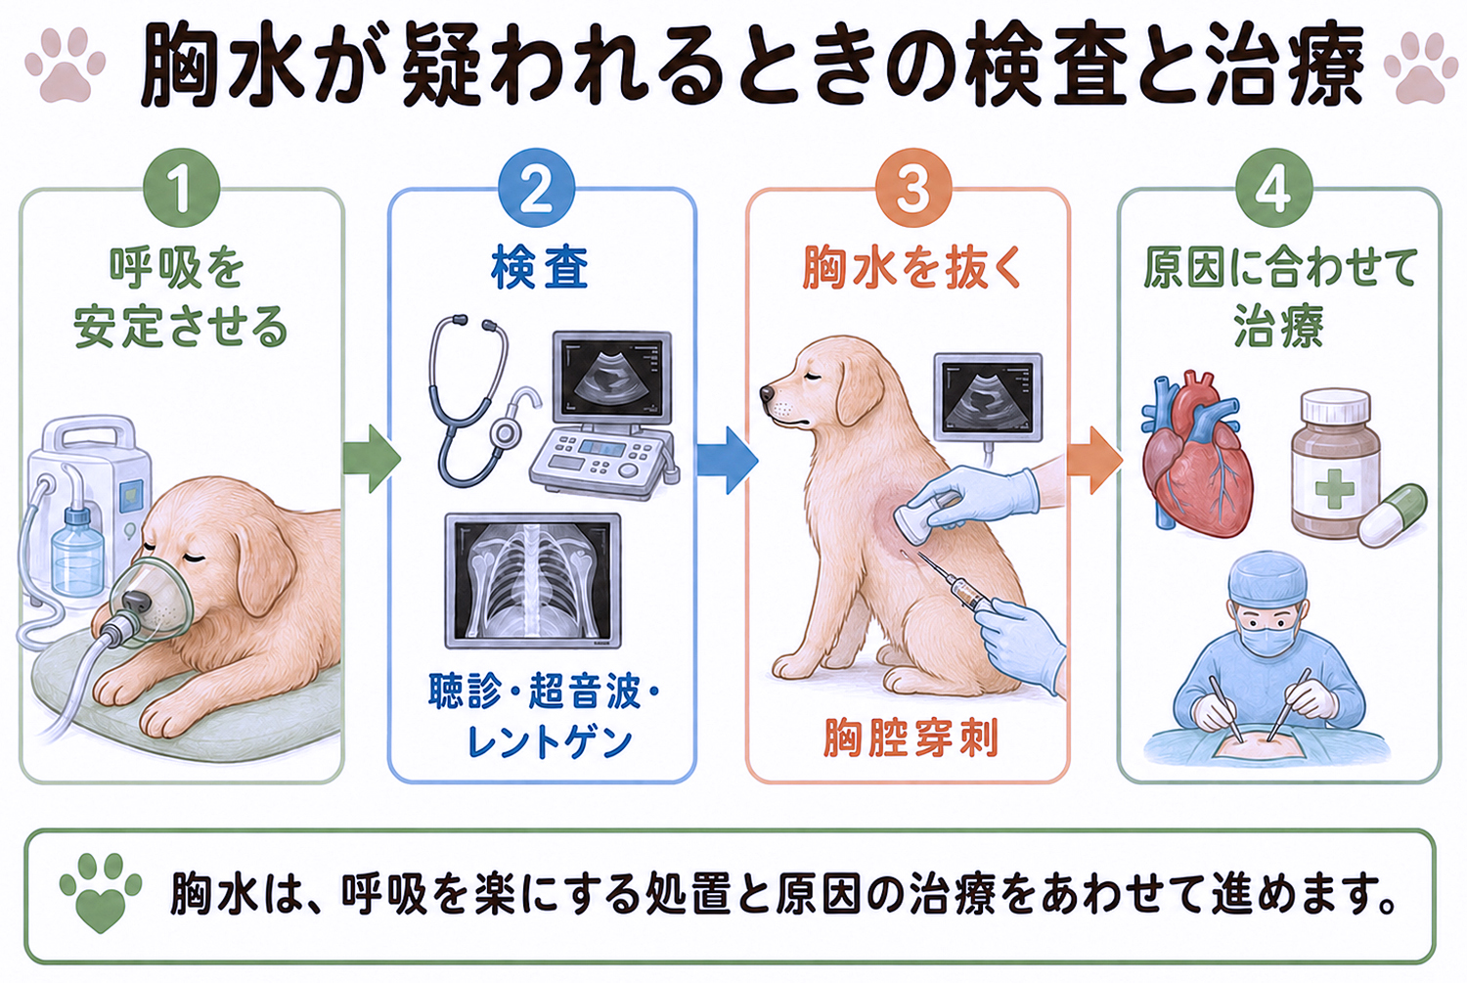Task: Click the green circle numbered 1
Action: [181, 189]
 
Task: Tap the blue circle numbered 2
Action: [536, 189]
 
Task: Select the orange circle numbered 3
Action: [912, 189]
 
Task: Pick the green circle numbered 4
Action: [1274, 189]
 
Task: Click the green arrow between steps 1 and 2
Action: [372, 459]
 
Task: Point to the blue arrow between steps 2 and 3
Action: [727, 461]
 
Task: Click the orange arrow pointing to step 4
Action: [1095, 461]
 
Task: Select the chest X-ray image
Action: [532, 581]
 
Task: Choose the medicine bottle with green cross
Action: [1335, 463]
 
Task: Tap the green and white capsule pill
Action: [1393, 514]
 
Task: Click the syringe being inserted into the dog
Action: [950, 582]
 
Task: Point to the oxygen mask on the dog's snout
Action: [150, 603]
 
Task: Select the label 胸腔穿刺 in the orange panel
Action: [911, 738]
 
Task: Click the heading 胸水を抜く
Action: [911, 268]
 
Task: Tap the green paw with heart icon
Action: [100, 892]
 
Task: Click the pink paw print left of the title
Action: [65, 65]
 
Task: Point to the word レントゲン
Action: [550, 743]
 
